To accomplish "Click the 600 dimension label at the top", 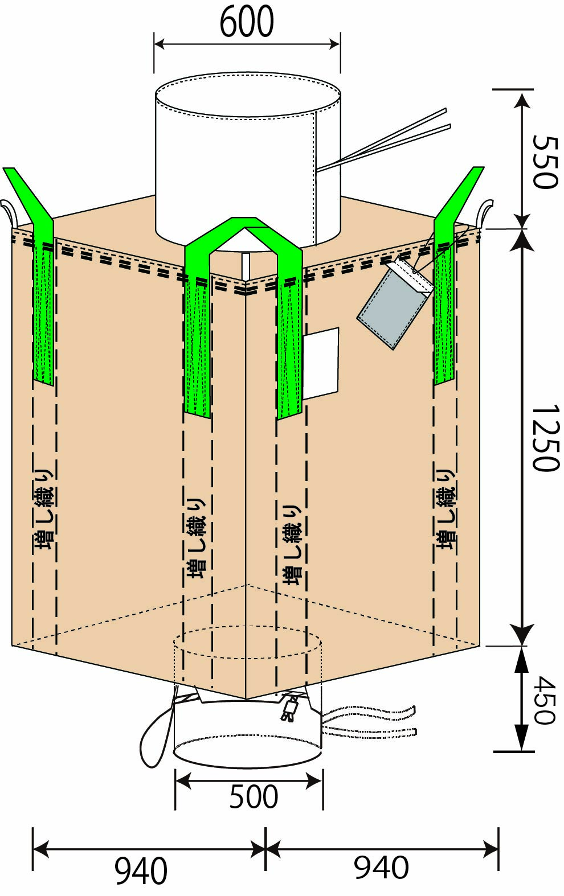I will (247, 23).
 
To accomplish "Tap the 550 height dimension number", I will (544, 162).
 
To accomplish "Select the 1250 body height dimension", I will (544, 438).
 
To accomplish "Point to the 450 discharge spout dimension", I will (544, 700).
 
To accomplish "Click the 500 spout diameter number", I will (254, 796).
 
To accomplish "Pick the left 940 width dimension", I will (141, 871).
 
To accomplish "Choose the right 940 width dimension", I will (381, 868).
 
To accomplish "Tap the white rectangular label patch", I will (320, 363).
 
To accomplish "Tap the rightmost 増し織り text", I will (446, 509).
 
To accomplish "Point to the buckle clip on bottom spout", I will (290, 709).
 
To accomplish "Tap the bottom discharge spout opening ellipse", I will (248, 751).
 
